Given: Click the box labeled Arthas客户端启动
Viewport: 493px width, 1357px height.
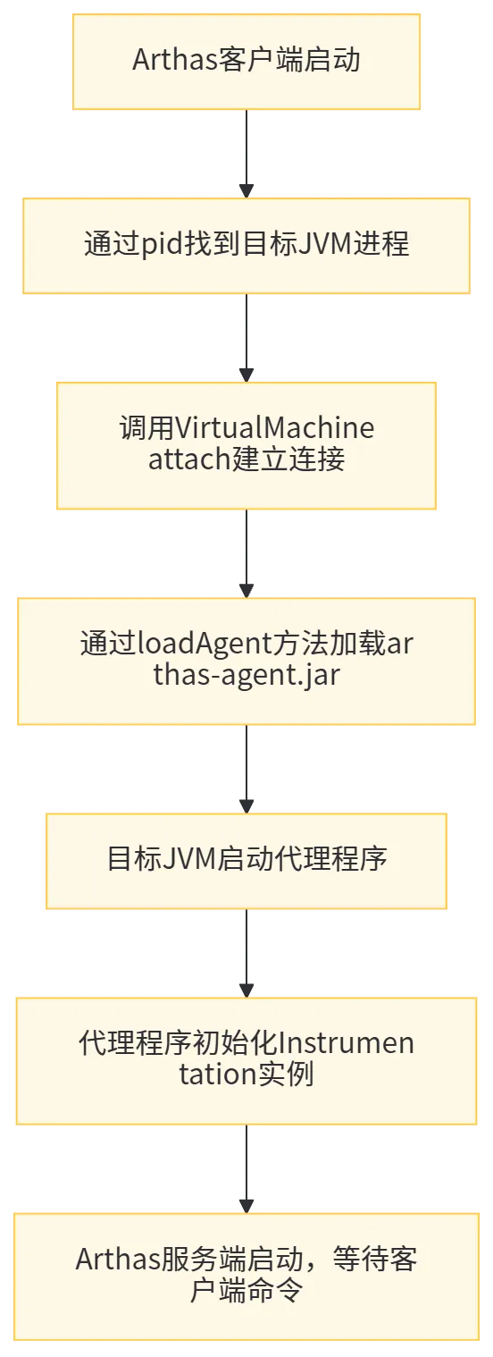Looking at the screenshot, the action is pyautogui.click(x=246, y=62).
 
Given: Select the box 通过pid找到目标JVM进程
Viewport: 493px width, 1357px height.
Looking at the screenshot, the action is pyautogui.click(x=246, y=246).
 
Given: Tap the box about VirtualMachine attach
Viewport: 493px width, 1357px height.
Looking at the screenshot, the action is pyautogui.click(x=246, y=445).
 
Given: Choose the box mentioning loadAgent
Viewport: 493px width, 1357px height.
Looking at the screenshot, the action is pyautogui.click(x=246, y=661).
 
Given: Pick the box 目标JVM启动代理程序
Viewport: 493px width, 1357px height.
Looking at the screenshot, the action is pyautogui.click(x=246, y=861).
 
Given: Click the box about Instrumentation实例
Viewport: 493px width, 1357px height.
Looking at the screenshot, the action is pyautogui.click(x=246, y=1061).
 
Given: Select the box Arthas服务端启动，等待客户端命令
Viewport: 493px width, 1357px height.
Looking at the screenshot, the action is pyautogui.click(x=246, y=1277).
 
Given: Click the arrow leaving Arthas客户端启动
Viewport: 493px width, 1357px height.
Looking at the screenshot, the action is pyautogui.click(x=246, y=154).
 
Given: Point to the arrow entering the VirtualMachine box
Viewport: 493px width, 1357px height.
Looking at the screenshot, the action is pyautogui.click(x=246, y=338).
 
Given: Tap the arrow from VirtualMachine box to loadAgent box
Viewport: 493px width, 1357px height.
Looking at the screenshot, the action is pyautogui.click(x=246, y=553).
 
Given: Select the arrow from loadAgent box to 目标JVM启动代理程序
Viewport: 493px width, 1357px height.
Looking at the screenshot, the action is pyautogui.click(x=246, y=770).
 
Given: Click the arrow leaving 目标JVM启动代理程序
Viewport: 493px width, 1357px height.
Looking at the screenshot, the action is pyautogui.click(x=246, y=954).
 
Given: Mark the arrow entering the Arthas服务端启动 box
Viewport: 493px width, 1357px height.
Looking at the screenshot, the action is pyautogui.click(x=246, y=1169).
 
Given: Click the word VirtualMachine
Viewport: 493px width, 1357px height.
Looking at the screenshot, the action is pyautogui.click(x=274, y=428).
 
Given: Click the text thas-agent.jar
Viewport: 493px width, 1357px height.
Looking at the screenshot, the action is pyautogui.click(x=246, y=676).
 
